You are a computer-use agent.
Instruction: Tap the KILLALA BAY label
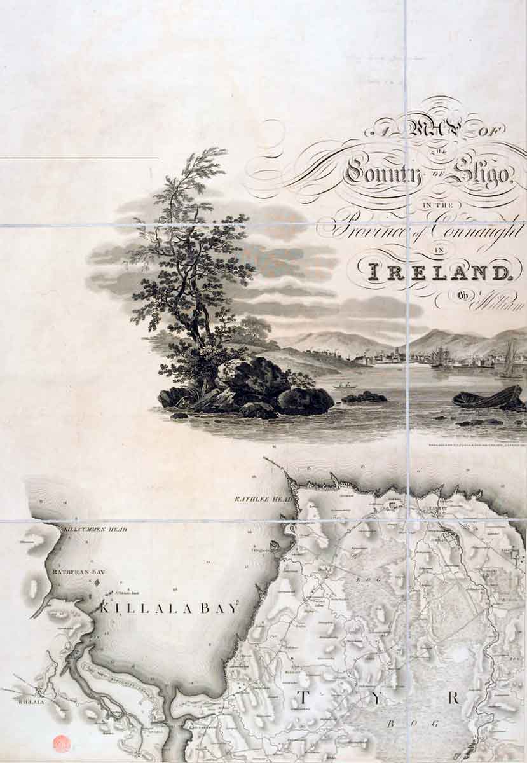tap(168, 608)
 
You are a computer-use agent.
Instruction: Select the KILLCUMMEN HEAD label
tap(95, 529)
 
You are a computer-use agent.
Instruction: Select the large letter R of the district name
tap(453, 698)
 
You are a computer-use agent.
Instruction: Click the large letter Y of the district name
tap(378, 698)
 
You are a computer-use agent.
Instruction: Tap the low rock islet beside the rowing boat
tap(364, 397)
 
